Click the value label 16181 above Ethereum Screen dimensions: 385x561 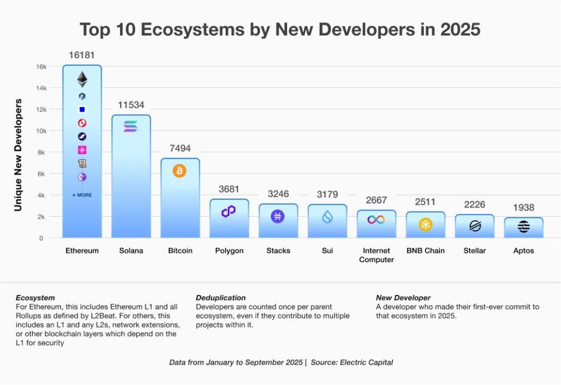[x=82, y=55]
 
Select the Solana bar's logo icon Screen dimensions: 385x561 [x=131, y=127]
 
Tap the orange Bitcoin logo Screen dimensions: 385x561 [x=180, y=171]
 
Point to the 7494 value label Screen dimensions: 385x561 [x=180, y=149]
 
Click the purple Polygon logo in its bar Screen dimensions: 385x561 [x=228, y=212]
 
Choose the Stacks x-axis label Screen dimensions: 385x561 [x=278, y=251]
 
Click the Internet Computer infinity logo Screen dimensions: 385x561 [x=376, y=219]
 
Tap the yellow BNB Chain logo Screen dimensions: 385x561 [x=426, y=224]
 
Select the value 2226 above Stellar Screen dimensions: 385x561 [x=474, y=205]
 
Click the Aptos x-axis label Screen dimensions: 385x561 [x=524, y=251]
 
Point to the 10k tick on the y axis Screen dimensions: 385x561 [x=41, y=131]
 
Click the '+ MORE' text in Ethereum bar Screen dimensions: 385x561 [x=82, y=195]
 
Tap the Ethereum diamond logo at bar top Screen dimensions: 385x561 [x=82, y=80]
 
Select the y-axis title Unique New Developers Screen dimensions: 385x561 [x=18, y=155]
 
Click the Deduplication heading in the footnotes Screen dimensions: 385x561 [x=221, y=298]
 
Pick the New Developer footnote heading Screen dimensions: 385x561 [x=403, y=298]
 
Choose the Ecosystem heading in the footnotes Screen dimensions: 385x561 [x=35, y=298]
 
